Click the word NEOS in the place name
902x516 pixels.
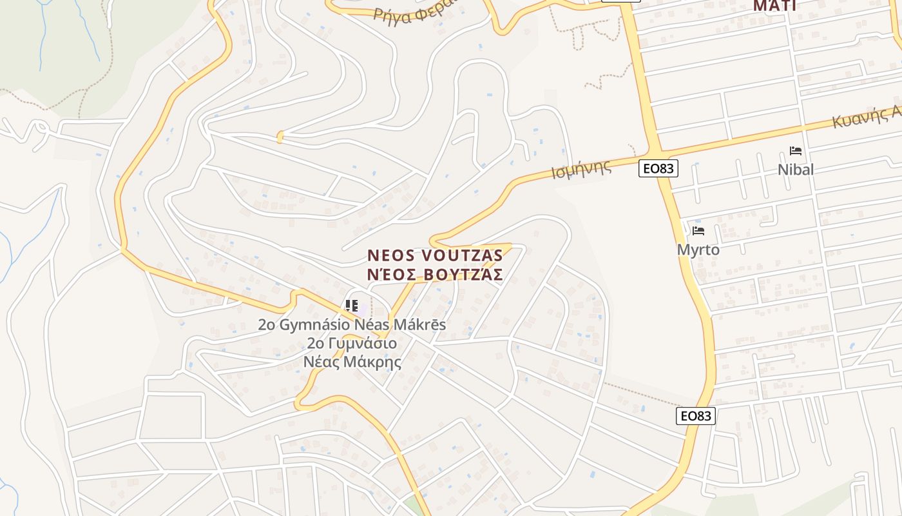[x=390, y=256]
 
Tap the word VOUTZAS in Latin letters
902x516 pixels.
[x=463, y=256]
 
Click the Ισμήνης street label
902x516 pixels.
[x=581, y=169]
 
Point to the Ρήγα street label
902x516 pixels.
[x=392, y=12]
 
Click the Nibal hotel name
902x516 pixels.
[x=796, y=170]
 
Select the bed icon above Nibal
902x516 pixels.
[x=796, y=151]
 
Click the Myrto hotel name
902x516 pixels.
[x=698, y=250]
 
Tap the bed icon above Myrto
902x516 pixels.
[x=698, y=230]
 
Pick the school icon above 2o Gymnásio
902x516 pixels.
[x=352, y=306]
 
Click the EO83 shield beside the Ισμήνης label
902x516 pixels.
[x=658, y=169]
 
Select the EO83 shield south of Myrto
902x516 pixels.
[x=696, y=416]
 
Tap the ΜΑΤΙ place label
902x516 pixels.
[x=774, y=6]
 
